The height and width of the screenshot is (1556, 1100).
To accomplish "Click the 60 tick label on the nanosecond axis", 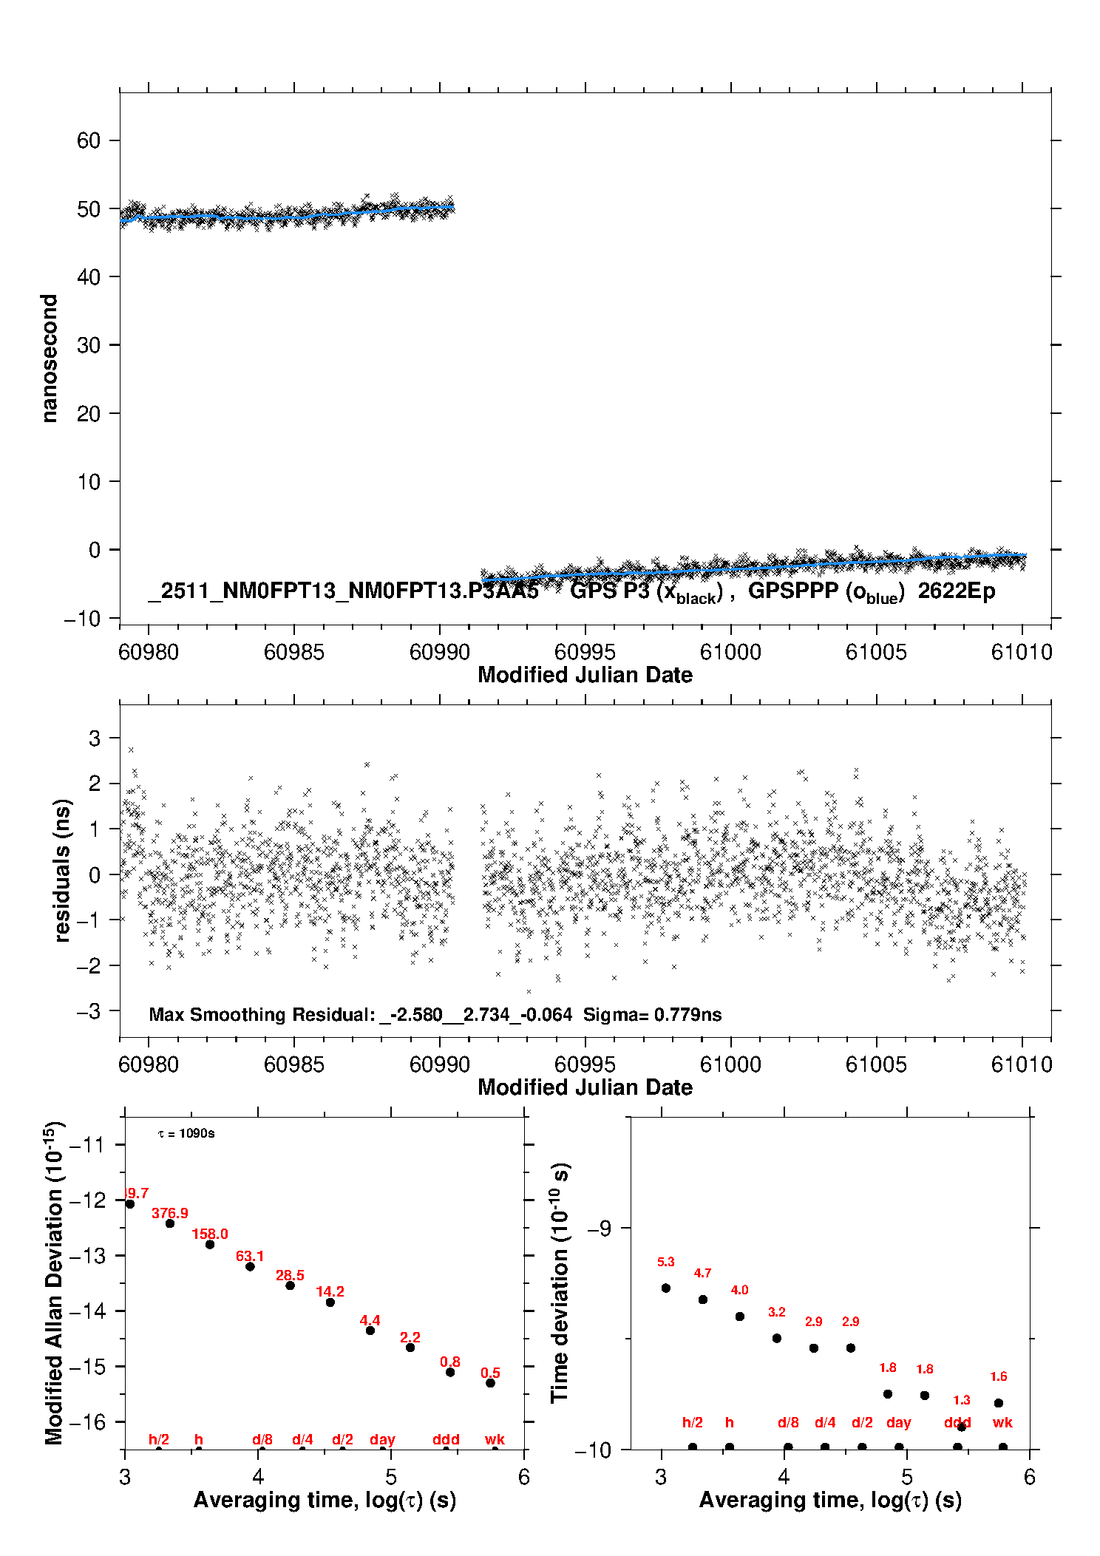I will point(88,140).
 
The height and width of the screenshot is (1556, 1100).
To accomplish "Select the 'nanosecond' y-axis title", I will point(49,359).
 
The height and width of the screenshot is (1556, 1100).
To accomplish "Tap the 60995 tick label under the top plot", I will point(584,652).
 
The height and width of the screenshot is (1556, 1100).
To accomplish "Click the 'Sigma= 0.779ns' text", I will point(652,1015).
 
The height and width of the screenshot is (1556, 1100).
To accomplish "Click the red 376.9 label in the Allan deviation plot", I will point(169,1213).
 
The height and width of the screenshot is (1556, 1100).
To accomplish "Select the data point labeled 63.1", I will point(250,1266).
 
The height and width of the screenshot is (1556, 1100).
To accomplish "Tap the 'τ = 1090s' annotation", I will point(186,1134).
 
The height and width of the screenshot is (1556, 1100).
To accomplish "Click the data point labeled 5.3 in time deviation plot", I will point(665,1288).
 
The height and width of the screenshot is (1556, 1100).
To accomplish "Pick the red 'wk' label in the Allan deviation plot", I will point(495,1439).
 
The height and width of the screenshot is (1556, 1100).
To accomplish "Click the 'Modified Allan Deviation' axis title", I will point(53,1282).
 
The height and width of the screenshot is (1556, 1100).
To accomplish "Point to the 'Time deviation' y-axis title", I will point(560,1282).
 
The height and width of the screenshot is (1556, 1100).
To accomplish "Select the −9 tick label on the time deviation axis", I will point(599,1229).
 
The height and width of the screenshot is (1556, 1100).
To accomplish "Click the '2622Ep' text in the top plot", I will point(957,591).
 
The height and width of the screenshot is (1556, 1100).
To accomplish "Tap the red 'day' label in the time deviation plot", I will point(898,1422).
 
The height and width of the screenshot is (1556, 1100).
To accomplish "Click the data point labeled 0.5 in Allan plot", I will point(490,1383).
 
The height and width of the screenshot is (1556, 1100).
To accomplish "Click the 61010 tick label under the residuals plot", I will point(1022,1064).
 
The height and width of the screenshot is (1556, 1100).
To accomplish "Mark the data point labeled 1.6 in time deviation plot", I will point(998,1403).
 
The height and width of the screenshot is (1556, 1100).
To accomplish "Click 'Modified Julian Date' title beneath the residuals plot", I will point(585,1087).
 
